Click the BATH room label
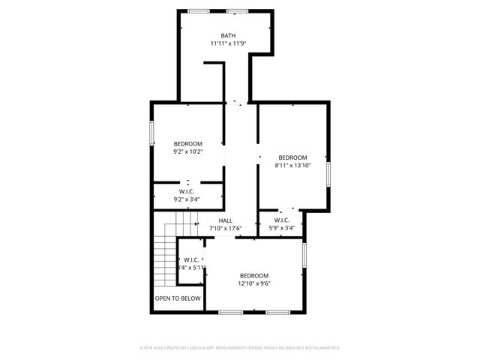tap(228, 35)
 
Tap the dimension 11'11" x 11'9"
tap(228, 43)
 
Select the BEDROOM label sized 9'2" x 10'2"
tap(188, 143)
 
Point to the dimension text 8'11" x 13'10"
tap(292, 166)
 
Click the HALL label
tap(225, 220)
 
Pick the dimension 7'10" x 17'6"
tap(225, 228)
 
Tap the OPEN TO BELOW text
tap(178, 298)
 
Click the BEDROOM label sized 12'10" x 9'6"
tap(254, 276)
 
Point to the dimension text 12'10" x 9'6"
tap(254, 283)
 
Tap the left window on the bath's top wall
tap(198, 10)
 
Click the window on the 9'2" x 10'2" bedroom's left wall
tap(151, 133)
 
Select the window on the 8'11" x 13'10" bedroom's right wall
tap(328, 172)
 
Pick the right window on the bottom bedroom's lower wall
tap(277, 311)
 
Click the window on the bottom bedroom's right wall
tap(304, 253)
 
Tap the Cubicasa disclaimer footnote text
tap(240, 348)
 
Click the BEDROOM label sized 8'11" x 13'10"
tap(292, 157)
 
